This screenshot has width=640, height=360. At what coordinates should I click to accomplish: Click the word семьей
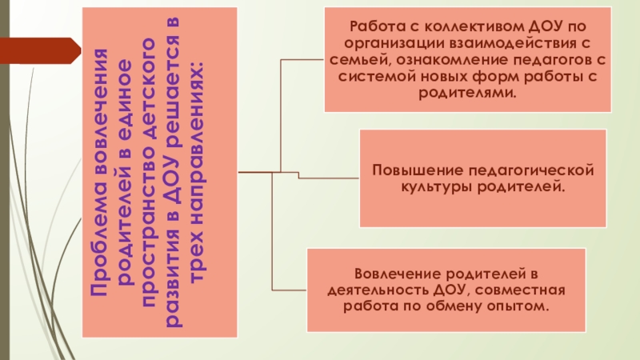click(x=361, y=56)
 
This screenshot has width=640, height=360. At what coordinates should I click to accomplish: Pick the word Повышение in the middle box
click(x=409, y=171)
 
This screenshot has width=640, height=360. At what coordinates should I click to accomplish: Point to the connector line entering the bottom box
click(x=290, y=289)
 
